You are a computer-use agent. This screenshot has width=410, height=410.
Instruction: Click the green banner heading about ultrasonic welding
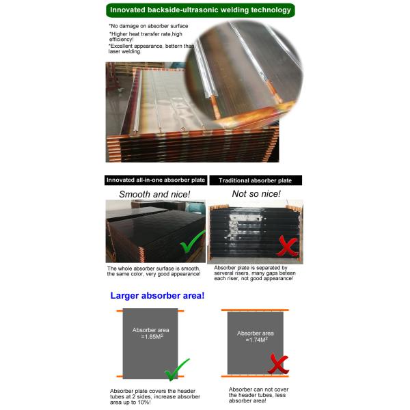(200, 10)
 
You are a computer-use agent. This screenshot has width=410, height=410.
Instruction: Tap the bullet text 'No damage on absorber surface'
(148, 26)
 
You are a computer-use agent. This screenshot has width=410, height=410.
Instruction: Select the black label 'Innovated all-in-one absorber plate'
(156, 180)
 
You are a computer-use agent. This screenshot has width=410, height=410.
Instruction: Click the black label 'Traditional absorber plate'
(256, 180)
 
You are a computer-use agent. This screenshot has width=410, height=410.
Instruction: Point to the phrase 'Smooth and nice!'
(154, 194)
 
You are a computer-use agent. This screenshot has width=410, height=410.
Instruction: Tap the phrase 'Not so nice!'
(256, 194)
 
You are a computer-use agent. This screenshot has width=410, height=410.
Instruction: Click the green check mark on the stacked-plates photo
(192, 242)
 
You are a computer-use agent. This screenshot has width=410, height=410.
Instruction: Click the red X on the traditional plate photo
(287, 246)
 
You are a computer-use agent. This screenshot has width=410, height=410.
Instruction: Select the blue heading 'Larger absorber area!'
(157, 296)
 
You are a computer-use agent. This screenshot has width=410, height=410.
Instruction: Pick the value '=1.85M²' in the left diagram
(152, 336)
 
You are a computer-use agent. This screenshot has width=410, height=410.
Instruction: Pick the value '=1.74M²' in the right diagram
(256, 340)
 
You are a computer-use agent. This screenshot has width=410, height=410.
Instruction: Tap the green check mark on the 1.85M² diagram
(177, 370)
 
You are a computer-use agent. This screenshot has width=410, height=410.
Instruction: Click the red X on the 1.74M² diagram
(278, 364)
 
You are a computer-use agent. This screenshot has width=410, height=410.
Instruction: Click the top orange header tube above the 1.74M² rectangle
(255, 310)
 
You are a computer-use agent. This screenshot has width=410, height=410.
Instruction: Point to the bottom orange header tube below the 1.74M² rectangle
(255, 377)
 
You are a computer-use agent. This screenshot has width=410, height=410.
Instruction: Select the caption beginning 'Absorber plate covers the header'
(155, 396)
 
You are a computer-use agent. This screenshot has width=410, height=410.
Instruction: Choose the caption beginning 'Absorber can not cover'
(258, 395)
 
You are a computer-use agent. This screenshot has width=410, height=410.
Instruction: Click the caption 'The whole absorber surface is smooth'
(154, 271)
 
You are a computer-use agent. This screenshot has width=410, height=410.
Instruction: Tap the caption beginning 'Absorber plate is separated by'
(255, 273)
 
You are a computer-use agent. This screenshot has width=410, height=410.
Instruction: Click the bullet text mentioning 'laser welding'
(151, 49)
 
